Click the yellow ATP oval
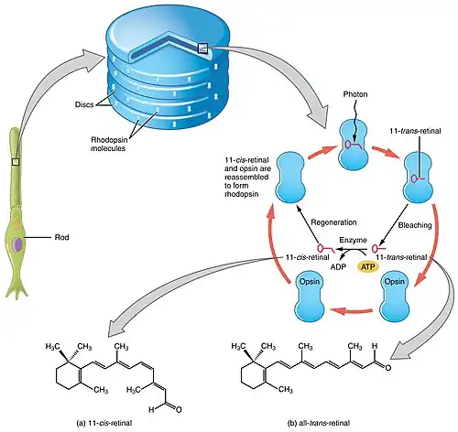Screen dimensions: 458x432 (368, 267)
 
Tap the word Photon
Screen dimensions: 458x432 (355, 94)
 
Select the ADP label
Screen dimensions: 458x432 (338, 267)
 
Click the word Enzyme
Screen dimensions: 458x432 (353, 241)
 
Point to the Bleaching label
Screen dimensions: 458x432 (415, 225)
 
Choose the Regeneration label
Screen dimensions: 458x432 (333, 222)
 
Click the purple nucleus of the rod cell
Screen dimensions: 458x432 (17, 244)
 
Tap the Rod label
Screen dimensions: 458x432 (61, 237)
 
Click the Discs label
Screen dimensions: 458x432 (84, 104)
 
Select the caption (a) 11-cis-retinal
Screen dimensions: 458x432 (104, 423)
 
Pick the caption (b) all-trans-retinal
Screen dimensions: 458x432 (319, 423)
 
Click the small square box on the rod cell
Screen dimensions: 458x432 (16, 162)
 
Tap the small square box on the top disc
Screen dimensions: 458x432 (202, 48)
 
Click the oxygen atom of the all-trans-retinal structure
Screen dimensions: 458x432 (387, 368)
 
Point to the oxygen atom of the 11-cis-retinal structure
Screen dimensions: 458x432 (179, 409)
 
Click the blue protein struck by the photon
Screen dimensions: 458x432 (354, 146)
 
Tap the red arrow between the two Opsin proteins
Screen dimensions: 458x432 (352, 311)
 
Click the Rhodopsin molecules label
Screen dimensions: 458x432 (108, 144)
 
